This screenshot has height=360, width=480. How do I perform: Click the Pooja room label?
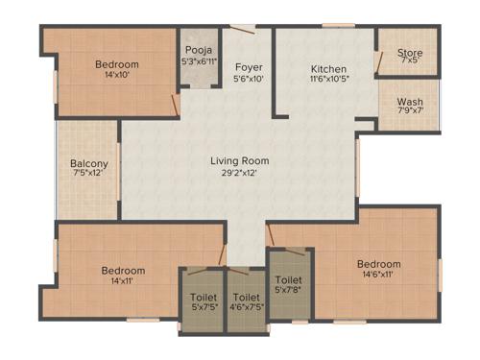click(x=199, y=50)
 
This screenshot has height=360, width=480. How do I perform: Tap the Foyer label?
click(x=250, y=67)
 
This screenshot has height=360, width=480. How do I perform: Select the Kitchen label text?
click(x=328, y=69)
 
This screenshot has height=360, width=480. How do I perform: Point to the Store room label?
click(x=411, y=54)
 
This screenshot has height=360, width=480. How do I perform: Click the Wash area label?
click(x=410, y=101)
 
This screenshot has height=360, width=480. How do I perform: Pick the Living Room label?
click(x=240, y=160)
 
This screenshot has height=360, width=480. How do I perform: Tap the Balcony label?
click(x=89, y=164)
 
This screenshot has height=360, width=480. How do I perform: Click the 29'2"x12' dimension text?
click(x=240, y=174)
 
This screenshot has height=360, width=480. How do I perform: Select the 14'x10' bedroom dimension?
click(x=116, y=76)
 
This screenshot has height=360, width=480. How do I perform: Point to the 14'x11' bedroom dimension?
click(x=123, y=282)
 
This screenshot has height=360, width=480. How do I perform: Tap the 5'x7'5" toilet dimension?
click(x=204, y=309)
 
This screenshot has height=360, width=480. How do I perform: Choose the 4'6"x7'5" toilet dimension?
click(x=247, y=309)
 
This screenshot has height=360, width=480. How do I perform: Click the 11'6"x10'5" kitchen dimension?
click(x=327, y=81)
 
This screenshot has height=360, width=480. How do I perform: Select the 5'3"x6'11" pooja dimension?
click(x=199, y=62)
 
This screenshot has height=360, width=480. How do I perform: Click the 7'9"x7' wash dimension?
click(x=410, y=112)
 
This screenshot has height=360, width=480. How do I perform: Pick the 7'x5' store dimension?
click(x=411, y=64)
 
